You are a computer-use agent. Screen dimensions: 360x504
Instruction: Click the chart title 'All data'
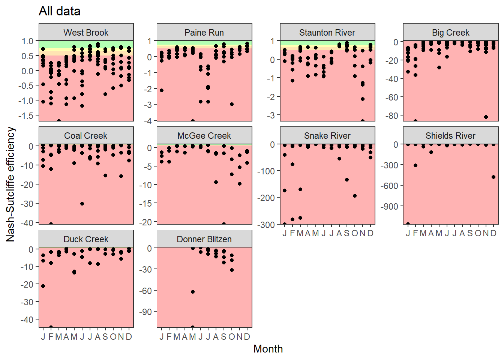(x=60, y=11)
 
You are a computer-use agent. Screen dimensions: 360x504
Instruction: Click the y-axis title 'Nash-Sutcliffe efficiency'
(x=10, y=184)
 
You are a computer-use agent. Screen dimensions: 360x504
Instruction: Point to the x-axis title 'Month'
(x=268, y=349)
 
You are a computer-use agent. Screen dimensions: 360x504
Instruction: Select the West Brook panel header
(x=86, y=33)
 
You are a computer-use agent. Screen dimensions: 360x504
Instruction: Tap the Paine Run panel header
(x=204, y=33)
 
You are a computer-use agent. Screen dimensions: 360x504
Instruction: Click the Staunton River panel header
(x=327, y=33)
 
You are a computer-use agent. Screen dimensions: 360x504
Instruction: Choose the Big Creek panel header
(x=450, y=33)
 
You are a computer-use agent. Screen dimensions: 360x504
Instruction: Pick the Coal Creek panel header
(x=86, y=136)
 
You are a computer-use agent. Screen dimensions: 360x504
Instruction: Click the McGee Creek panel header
(x=204, y=136)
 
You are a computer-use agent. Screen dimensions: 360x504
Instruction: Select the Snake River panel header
(x=327, y=136)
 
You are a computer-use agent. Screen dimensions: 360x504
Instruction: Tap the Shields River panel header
(x=450, y=136)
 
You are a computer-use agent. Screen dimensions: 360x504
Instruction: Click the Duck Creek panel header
(x=86, y=239)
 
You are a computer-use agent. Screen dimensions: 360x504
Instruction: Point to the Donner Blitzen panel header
(x=204, y=239)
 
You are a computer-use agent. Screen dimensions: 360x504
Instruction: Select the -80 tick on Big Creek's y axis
(x=392, y=115)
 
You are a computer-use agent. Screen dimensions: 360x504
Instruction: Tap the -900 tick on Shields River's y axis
(x=389, y=206)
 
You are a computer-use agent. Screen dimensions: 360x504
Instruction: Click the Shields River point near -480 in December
(x=493, y=177)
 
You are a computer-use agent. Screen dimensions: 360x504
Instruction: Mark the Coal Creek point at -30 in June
(x=82, y=204)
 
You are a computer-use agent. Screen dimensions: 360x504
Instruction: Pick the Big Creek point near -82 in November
(x=486, y=117)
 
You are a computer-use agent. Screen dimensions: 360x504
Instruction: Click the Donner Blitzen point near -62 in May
(x=193, y=292)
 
